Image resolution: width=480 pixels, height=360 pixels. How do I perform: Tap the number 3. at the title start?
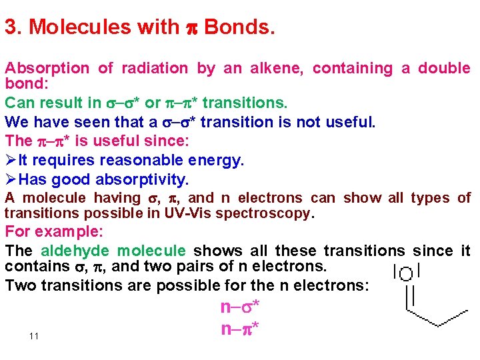(x=13, y=27)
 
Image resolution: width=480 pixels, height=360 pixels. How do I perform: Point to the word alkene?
(x=275, y=68)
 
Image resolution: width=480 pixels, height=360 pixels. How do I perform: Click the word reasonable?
(x=153, y=161)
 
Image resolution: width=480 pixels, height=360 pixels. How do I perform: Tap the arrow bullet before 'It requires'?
(x=11, y=161)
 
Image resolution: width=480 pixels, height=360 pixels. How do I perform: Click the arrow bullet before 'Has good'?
(x=11, y=180)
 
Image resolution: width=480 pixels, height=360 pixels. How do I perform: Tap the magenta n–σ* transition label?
(x=239, y=307)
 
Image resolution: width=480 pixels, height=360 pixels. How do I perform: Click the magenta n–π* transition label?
(x=239, y=329)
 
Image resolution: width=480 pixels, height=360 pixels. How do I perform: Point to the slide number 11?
(x=34, y=336)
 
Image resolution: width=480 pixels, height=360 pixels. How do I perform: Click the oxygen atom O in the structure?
(x=406, y=273)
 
